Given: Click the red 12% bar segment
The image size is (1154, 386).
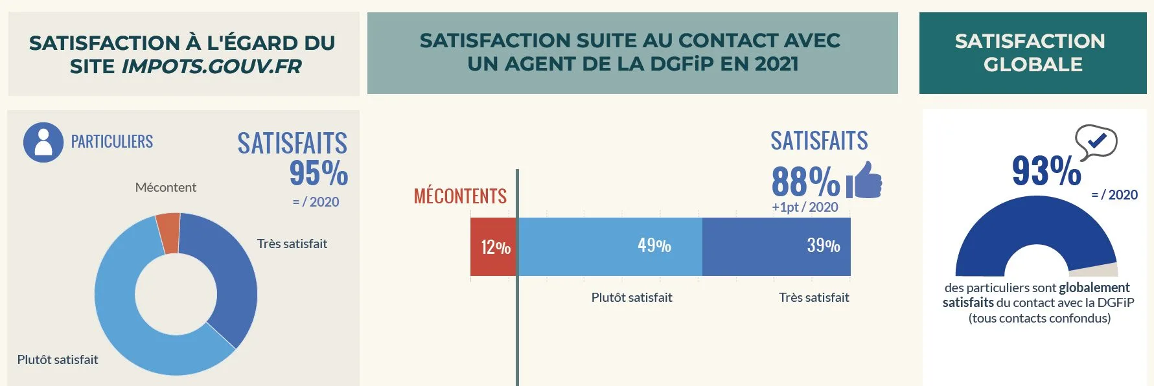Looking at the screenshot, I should tap(493, 247).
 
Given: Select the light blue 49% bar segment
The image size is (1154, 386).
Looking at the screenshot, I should tap(609, 247).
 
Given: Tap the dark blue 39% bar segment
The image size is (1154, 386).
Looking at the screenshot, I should tap(776, 247).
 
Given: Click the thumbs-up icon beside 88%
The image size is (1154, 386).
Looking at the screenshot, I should tap(864, 180).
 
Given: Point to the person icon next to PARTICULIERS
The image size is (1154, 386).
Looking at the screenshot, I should tap(43, 142).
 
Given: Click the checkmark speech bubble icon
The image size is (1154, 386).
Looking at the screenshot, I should tap(1096, 141).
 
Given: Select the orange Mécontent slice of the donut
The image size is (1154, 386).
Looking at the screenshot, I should tap(168, 233).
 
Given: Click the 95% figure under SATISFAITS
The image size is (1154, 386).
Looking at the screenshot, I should tap(318, 173).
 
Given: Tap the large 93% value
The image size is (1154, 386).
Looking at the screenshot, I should tap(1046, 171).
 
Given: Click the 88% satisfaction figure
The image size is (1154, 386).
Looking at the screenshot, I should tap(805, 181).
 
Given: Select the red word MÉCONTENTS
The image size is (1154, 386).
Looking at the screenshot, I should tap(460, 196).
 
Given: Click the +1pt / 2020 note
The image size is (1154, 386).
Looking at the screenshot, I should tap(805, 207).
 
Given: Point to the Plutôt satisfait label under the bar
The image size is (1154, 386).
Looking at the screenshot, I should tap(632, 297).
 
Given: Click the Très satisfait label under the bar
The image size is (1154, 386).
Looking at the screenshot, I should tap(814, 297).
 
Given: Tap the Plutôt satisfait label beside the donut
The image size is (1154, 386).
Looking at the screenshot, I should tap(58, 359).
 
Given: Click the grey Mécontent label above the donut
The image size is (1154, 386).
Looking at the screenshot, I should tap(165, 187).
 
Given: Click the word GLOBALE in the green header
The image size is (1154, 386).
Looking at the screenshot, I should tap(1033, 65).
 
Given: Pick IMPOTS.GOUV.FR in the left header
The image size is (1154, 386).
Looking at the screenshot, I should tap(211, 66).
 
